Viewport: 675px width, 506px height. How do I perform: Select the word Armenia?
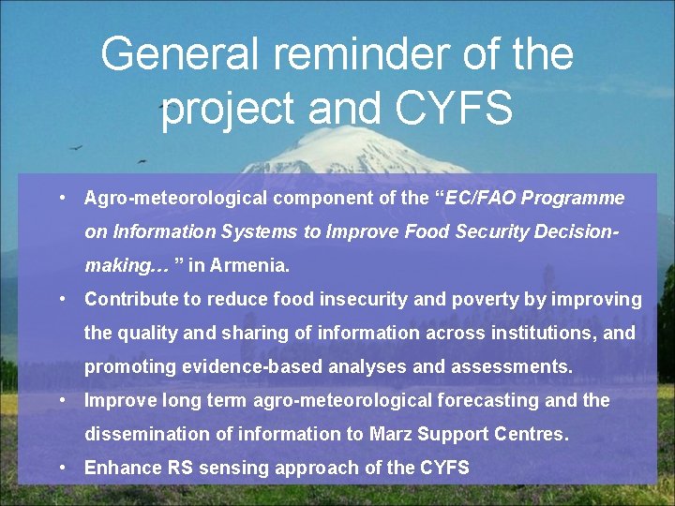pos(249,265)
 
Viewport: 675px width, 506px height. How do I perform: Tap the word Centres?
pos(534,434)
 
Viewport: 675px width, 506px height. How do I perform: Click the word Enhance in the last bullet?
pos(118,468)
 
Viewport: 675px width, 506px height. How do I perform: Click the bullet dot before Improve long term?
pos(60,400)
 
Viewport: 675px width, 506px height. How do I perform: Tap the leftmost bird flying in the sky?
pos(75,147)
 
